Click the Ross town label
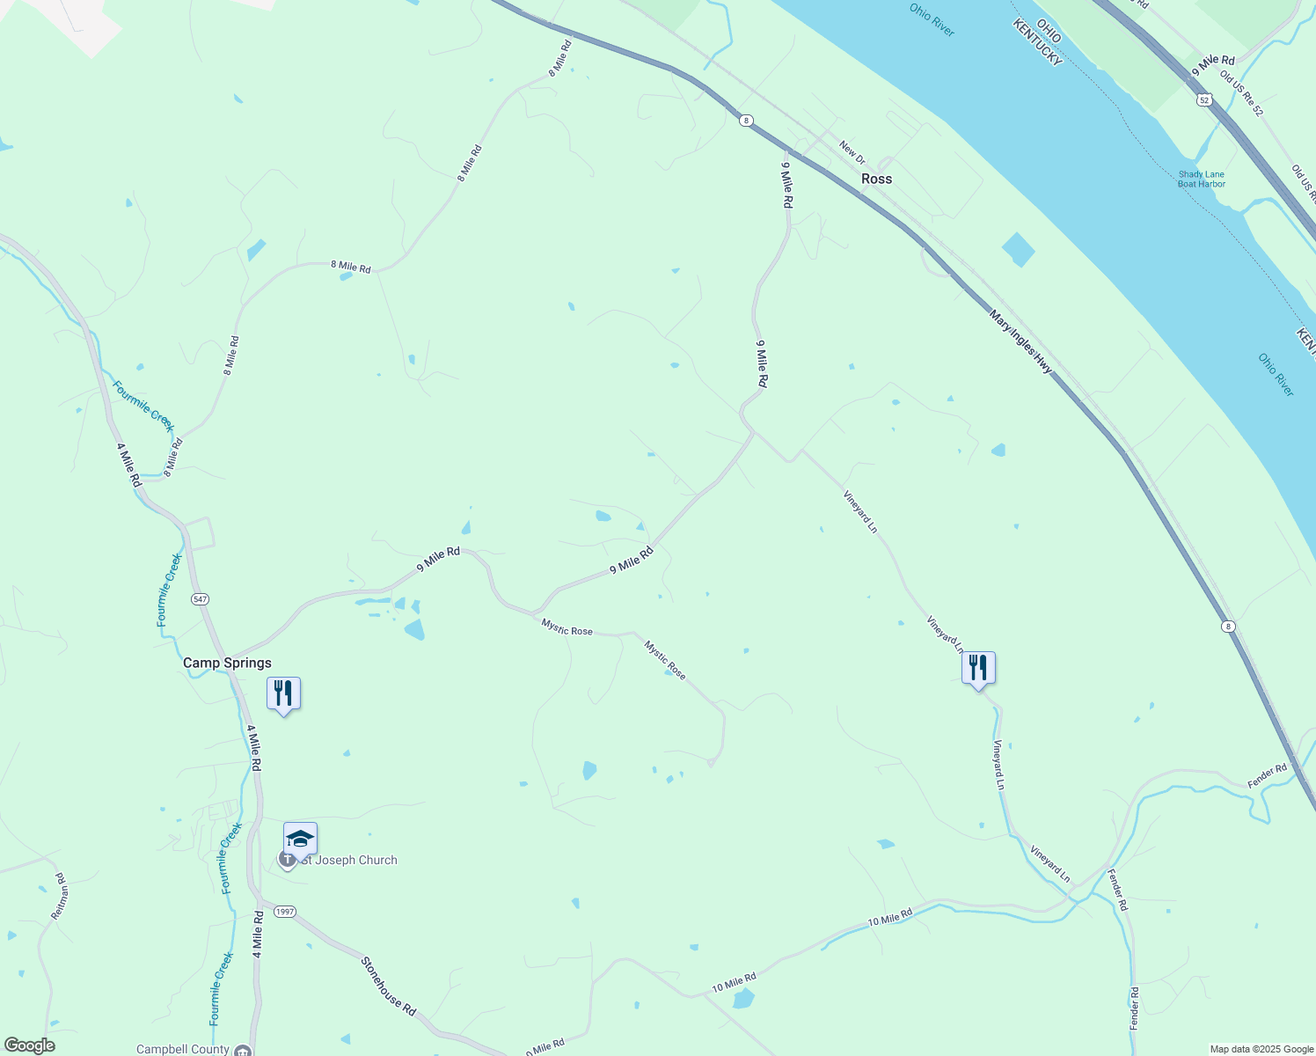coord(876,179)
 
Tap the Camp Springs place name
coord(227,663)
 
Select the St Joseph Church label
coord(349,860)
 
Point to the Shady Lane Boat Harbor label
coord(1202,179)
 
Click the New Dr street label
coord(852,152)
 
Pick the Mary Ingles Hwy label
coord(1020,341)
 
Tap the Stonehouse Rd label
coord(388,986)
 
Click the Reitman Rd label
coord(59,896)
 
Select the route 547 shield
coord(200,598)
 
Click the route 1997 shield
coord(284,912)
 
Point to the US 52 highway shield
coord(1203,101)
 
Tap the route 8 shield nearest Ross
coord(746,121)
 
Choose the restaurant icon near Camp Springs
coord(283,693)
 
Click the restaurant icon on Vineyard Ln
coord(978,668)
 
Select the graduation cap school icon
coord(300,839)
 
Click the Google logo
coord(28,1045)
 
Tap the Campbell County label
coord(183,1049)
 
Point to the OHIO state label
coord(1049,31)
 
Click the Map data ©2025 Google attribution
coord(1260,1049)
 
